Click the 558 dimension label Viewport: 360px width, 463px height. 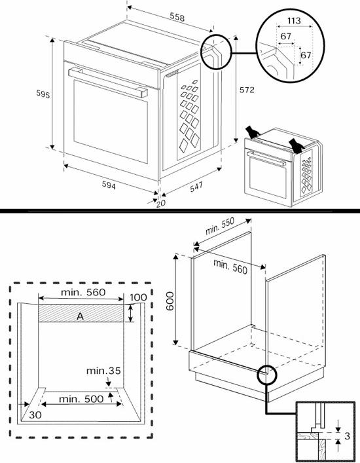177,17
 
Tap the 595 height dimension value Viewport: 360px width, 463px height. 43,94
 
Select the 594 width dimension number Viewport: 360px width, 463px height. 109,185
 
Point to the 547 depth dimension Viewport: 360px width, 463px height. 196,187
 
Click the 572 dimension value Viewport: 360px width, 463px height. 247,90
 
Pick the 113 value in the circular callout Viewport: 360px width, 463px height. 294,21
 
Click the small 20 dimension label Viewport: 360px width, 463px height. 161,204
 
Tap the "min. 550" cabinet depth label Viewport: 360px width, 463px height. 220,226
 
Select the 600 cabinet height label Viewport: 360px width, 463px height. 170,301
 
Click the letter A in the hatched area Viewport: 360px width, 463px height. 80,316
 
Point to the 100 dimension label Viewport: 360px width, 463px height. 138,297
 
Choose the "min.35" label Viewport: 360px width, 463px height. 103,371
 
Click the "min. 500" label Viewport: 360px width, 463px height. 81,399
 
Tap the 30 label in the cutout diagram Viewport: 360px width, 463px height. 35,415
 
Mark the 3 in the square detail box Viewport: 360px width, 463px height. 347,435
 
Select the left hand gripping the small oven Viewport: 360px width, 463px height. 253,132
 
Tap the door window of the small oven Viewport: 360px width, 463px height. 268,177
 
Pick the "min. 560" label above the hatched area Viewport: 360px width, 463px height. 83,292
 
